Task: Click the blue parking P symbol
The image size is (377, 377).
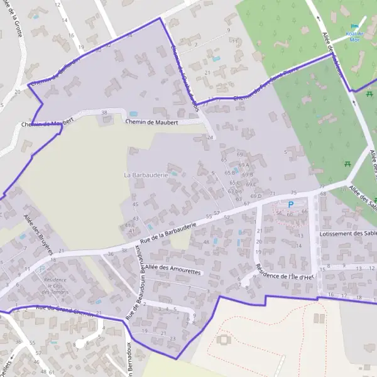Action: [x=290, y=204]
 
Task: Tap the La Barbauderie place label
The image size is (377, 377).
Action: [x=146, y=175]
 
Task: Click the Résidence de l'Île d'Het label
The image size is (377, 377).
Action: [x=285, y=271]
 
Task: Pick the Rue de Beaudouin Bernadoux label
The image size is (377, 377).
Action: [x=136, y=282]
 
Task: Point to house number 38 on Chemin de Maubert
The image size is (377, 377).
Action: [x=104, y=112]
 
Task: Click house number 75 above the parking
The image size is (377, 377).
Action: [x=293, y=192]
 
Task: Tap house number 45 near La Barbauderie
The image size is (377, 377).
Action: [x=135, y=204]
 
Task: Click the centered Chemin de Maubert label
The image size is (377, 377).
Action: [x=151, y=122]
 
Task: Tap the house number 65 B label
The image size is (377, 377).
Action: [x=230, y=172]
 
